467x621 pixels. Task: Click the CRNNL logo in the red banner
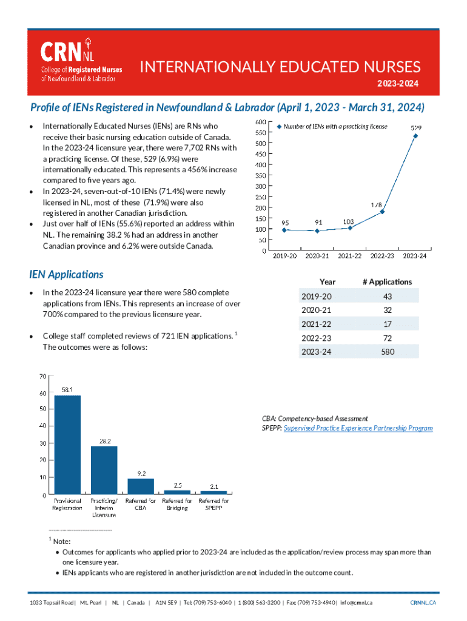81,60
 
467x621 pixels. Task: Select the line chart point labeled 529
415,136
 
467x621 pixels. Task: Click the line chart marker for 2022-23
382,212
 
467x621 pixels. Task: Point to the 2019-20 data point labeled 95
284,230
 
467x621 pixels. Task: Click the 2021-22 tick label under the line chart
349,257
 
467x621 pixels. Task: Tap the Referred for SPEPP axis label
213,505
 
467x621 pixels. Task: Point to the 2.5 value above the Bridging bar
177,485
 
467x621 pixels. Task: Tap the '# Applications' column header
387,282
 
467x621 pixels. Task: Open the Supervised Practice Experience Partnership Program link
358,428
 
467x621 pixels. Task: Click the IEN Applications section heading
67,275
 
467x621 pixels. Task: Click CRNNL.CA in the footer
423,602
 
